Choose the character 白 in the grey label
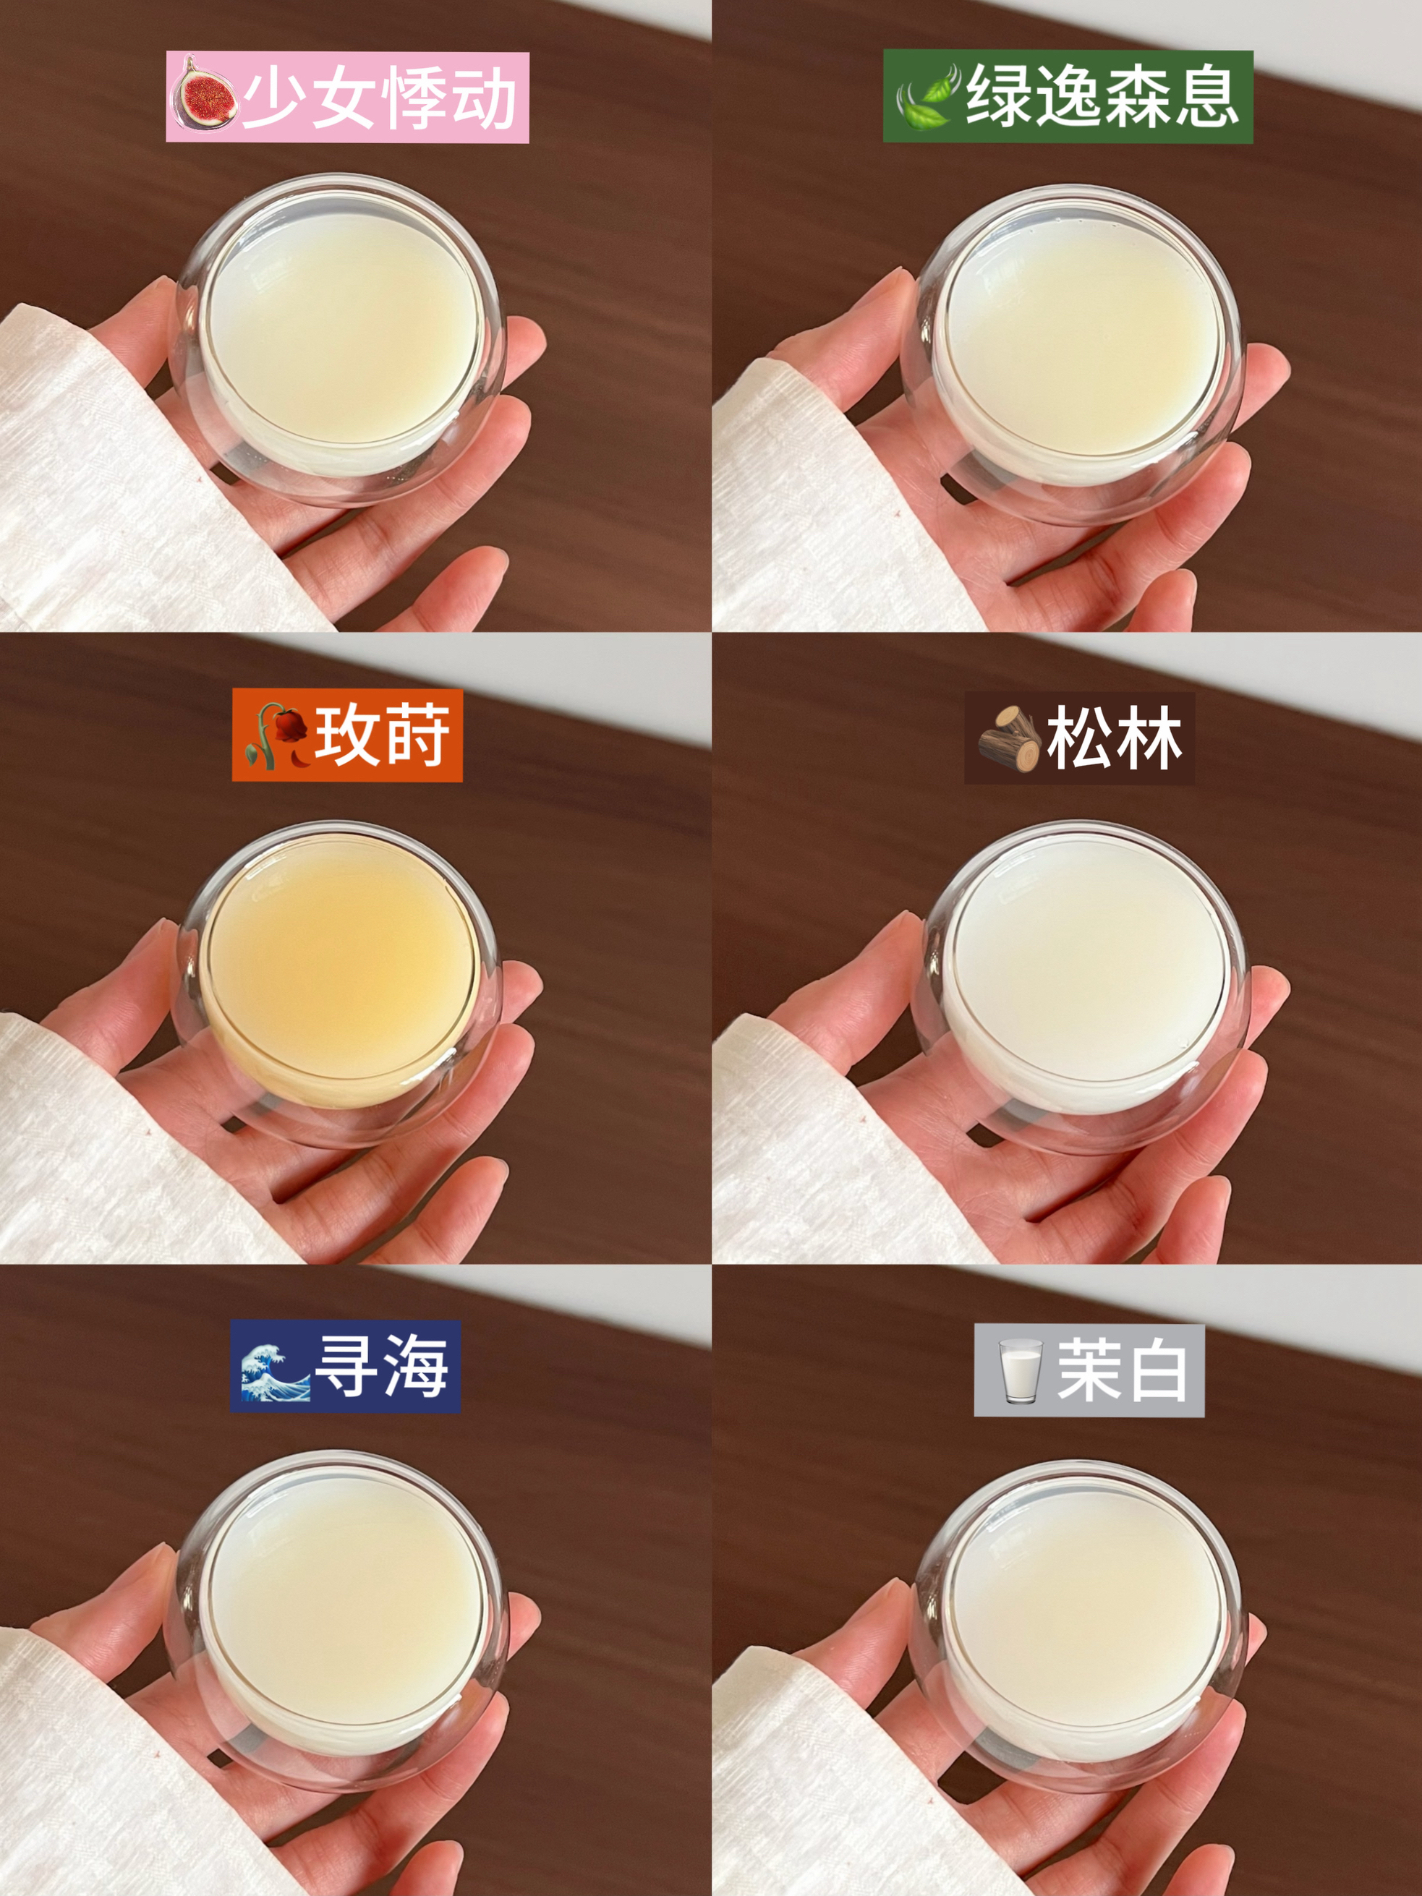point(1154,1370)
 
